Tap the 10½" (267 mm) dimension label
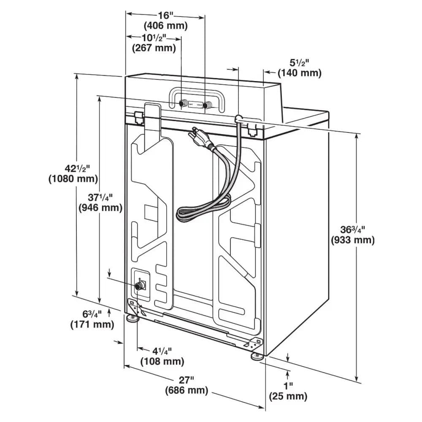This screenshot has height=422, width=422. coord(154,43)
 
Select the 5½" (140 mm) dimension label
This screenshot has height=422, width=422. coord(299,68)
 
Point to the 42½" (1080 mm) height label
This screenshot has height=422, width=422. coord(73,173)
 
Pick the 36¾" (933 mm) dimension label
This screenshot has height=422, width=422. coord(353,235)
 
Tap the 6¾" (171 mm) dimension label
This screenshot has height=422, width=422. coord(92,319)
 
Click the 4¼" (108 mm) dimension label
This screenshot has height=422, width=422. coord(162,356)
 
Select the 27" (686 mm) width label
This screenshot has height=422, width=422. coord(187,385)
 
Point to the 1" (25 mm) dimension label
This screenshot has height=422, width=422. coord(288,391)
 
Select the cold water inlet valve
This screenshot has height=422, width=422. coord(207,105)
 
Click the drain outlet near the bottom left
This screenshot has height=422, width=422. coord(139,286)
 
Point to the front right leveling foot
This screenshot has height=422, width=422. coord(257,357)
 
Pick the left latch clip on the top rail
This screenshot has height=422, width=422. coord(138,116)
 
